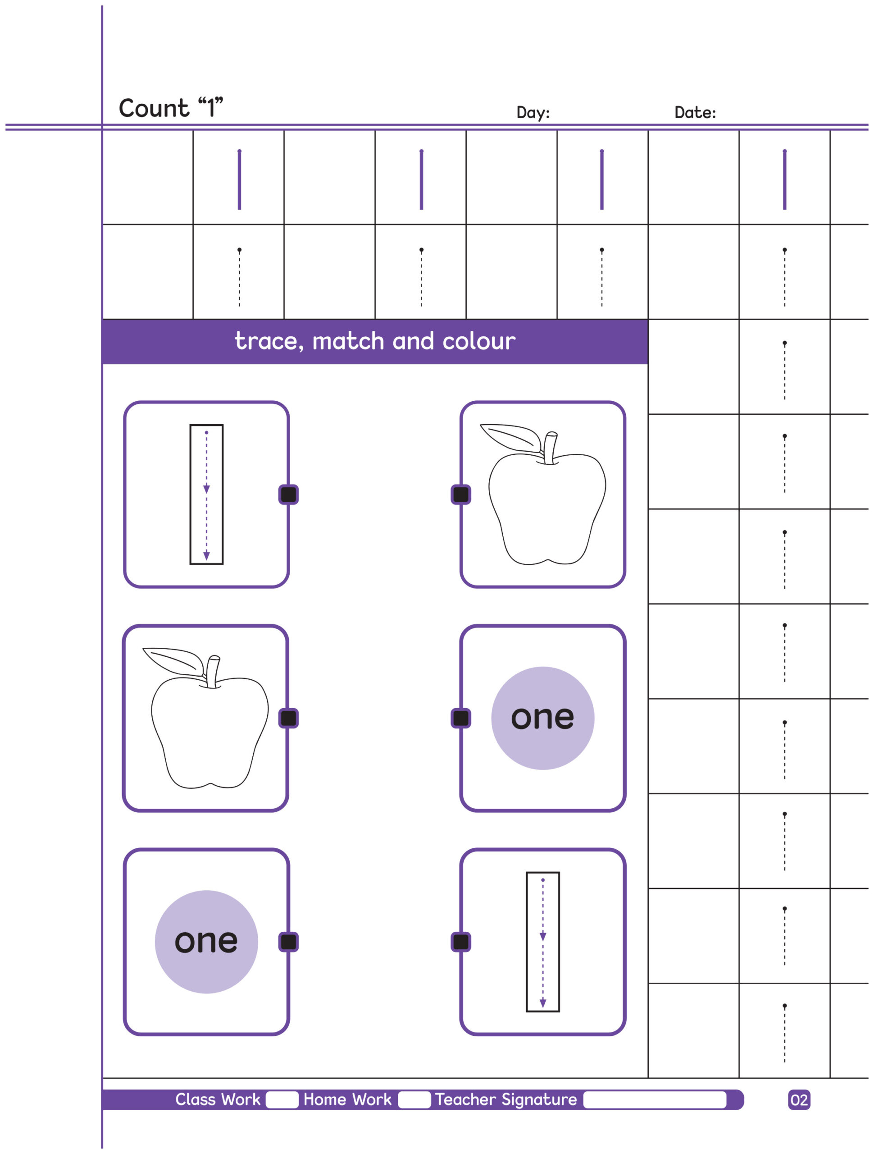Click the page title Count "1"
coord(171,108)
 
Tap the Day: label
coord(533,112)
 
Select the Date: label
coord(695,112)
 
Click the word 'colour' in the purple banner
coord(479,341)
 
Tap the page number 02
coord(799,1100)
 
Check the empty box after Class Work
coord(282,1100)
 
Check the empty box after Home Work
coord(414,1100)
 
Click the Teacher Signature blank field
coord(655,1100)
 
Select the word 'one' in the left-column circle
coord(206,942)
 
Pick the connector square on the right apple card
coord(460,495)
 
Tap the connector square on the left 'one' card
coord(288,942)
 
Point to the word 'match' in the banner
coord(348,341)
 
